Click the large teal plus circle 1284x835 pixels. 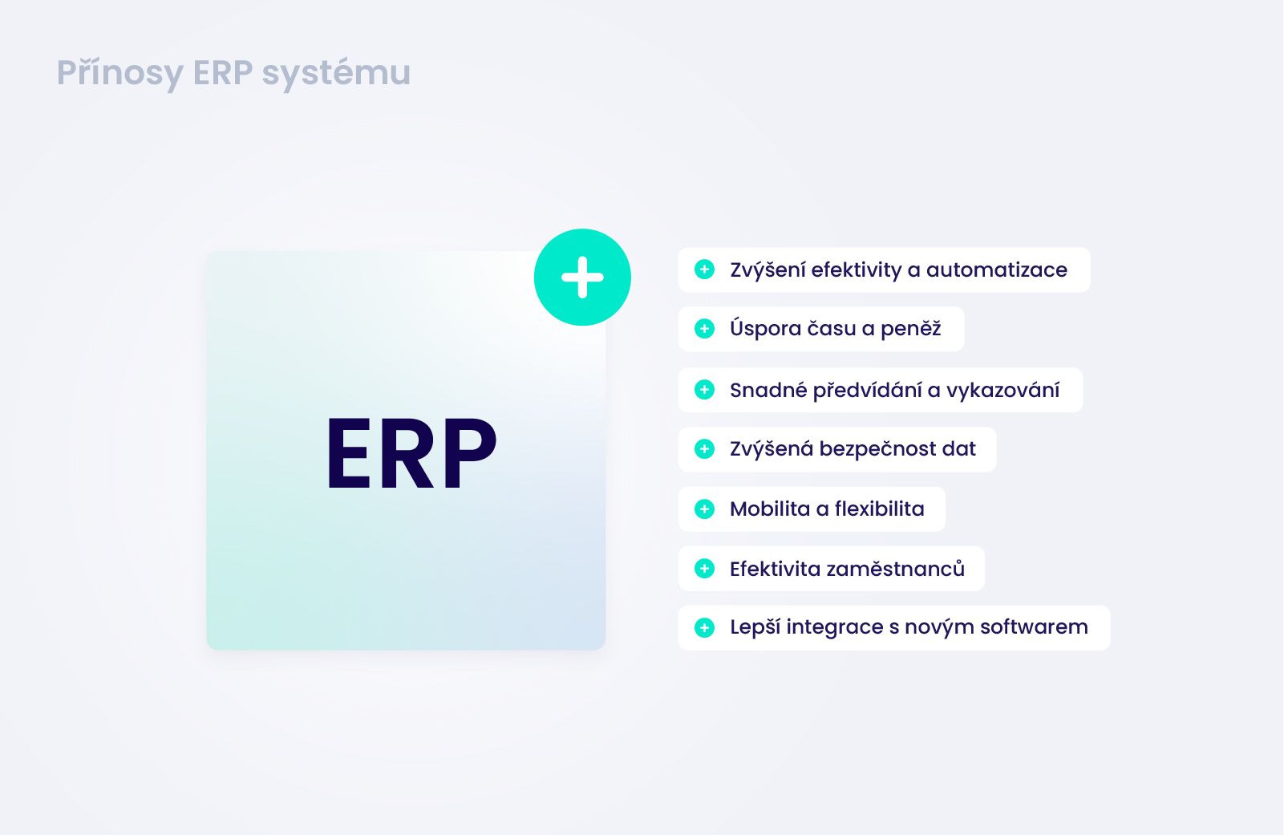582,278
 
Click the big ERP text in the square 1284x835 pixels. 411,454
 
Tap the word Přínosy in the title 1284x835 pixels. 119,73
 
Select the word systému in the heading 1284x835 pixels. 336,73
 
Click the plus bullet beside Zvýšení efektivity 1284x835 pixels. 704,270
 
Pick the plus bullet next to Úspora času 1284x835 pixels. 704,329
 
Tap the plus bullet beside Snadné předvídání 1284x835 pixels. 704,390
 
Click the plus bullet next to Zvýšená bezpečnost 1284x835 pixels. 704,449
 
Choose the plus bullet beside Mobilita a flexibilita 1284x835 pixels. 704,509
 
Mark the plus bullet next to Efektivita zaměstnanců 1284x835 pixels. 704,569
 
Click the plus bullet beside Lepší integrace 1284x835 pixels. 704,627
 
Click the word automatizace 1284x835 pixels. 996,270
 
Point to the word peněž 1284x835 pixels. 910,330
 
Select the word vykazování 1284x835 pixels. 1002,391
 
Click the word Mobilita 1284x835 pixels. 769,509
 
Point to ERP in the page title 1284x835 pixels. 222,73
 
